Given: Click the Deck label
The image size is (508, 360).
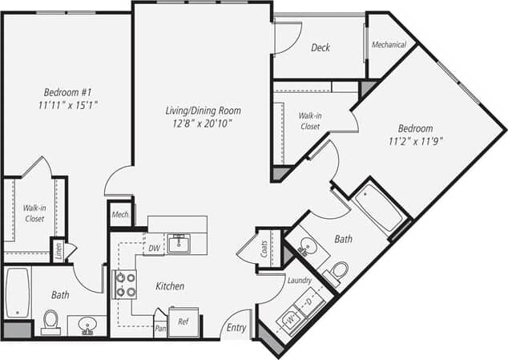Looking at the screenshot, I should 321,48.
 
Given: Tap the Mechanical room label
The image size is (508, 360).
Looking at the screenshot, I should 389,45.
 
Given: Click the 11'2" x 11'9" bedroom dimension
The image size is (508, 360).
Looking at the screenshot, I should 416,142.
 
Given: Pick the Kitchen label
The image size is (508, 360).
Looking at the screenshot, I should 170,286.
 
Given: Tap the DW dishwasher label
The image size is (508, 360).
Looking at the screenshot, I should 153,249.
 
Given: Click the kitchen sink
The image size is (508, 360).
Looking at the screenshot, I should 179,243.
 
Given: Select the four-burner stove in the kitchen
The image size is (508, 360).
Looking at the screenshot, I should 126,285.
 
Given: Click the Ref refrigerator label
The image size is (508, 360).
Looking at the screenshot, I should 183,322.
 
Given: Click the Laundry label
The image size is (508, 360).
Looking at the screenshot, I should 299,280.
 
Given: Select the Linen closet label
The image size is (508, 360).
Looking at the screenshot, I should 58,250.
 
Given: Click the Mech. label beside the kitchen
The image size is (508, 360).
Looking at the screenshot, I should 120,215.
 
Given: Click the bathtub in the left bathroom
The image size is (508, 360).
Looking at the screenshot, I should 17,292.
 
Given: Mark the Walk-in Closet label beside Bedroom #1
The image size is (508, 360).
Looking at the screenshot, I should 34,212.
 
